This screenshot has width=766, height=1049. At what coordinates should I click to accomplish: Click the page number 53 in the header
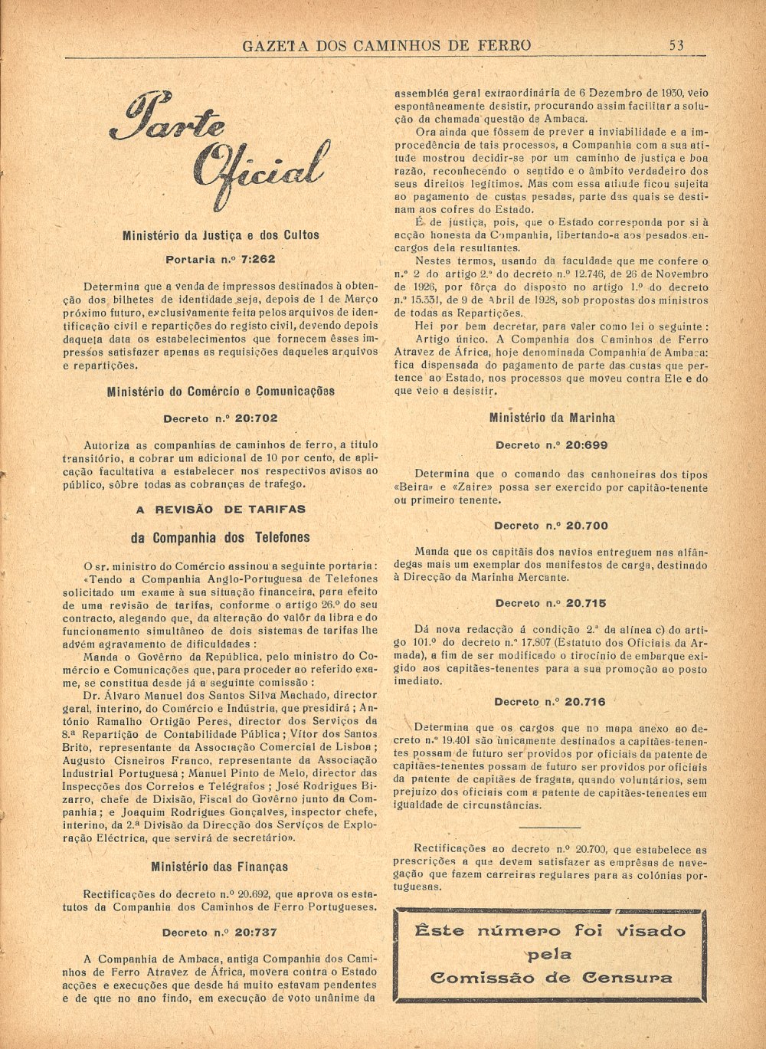click(676, 45)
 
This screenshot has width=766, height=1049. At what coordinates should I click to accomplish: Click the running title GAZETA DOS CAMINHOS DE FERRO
click(386, 45)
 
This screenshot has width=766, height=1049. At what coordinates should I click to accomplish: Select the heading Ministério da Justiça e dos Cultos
click(221, 235)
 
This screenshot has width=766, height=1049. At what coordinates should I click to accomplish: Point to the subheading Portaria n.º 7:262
click(221, 260)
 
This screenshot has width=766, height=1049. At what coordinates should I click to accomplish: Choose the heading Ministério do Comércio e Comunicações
click(221, 392)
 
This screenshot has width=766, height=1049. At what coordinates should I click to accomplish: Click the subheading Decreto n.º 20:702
click(221, 418)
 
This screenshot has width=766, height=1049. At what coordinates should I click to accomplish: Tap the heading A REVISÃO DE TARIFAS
click(221, 509)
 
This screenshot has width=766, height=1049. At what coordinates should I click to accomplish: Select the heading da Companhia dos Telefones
click(221, 537)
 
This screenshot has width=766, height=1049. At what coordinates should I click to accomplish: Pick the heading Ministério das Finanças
click(220, 867)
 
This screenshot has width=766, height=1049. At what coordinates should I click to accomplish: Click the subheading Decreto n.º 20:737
click(220, 933)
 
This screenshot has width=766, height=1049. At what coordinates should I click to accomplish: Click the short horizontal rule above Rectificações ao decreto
click(549, 828)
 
